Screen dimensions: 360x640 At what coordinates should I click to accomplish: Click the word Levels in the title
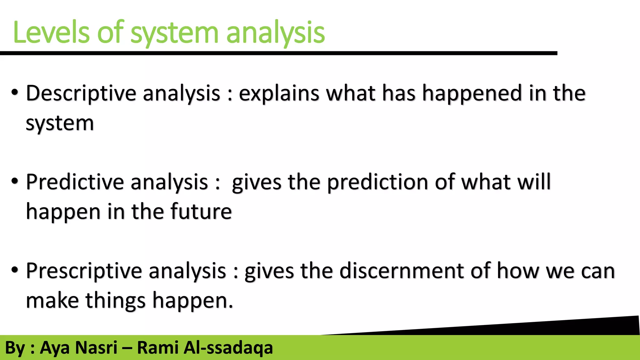(52, 32)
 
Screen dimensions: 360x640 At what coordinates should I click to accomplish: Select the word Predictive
(75, 182)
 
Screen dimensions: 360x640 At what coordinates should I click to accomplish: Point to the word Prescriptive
(84, 271)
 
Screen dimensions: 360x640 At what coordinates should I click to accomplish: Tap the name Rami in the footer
(157, 347)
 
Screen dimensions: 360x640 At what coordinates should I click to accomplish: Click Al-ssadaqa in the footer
(228, 348)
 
